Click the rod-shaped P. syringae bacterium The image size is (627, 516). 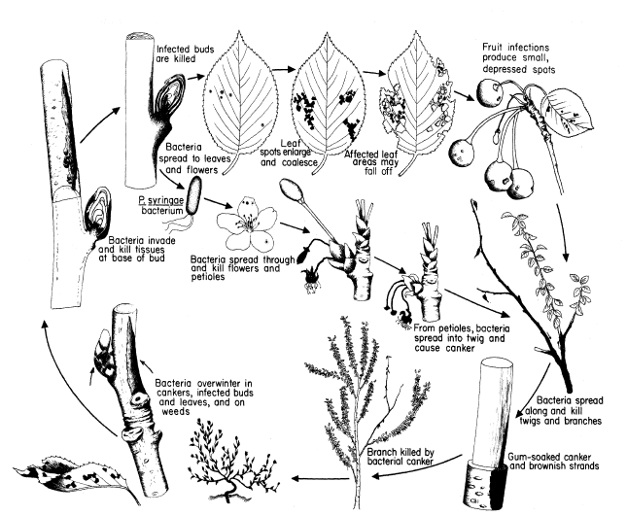(192, 196)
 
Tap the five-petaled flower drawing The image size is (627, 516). (246, 224)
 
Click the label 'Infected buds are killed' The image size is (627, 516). (185, 54)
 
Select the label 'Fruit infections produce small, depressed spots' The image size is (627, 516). (519, 58)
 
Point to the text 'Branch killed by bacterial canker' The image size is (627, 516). (401, 457)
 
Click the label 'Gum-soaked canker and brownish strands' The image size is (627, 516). (553, 462)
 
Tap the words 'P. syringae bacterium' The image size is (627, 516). (161, 205)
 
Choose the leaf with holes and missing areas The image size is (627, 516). (418, 103)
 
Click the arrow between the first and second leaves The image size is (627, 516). (284, 69)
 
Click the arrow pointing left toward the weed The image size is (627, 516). (320, 478)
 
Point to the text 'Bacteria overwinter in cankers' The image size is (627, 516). (204, 388)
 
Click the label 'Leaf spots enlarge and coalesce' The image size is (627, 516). (289, 153)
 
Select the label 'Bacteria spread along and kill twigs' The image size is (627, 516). (562, 410)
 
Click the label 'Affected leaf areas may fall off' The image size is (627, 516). (372, 162)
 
